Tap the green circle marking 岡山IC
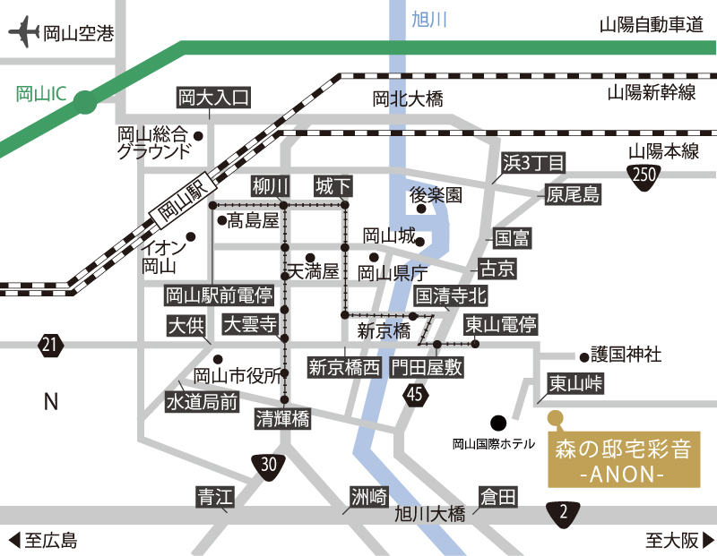pyautogui.click(x=84, y=104)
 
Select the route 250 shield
pyautogui.click(x=642, y=175)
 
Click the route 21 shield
pyautogui.click(x=51, y=344)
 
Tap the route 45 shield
pyautogui.click(x=414, y=394)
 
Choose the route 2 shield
pyautogui.click(x=564, y=512)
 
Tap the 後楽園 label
pyautogui.click(x=436, y=194)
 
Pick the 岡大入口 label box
pyautogui.click(x=212, y=97)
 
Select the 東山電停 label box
pyautogui.click(x=500, y=324)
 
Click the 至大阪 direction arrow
pyautogui.click(x=708, y=540)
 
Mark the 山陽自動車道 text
pyautogui.click(x=651, y=26)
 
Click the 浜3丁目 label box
pyautogui.click(x=534, y=163)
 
